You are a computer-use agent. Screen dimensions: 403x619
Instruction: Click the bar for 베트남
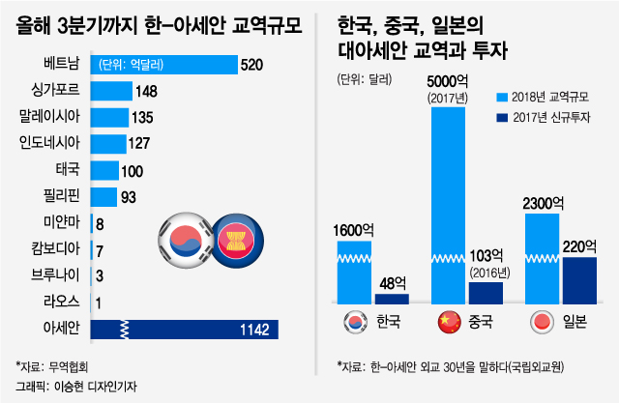point(164,65)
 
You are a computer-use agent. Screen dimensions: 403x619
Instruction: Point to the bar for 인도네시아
point(109,144)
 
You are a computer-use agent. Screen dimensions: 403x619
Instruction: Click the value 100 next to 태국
point(132,171)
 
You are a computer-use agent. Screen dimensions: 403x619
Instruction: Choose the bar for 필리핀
point(104,197)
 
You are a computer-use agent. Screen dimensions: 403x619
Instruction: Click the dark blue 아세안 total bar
point(185,330)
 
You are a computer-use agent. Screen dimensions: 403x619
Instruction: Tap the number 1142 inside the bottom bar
point(253,331)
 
